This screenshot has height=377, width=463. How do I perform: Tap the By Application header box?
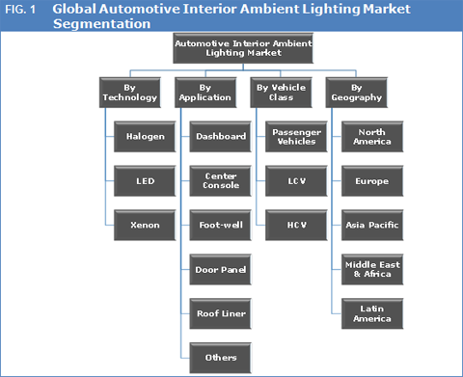tap(204, 92)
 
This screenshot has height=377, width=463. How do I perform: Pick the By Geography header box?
tap(357, 92)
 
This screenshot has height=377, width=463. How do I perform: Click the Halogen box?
tap(145, 136)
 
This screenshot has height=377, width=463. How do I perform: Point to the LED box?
tap(145, 180)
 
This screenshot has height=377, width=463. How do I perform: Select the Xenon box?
tap(145, 224)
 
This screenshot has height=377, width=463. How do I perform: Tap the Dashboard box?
tap(221, 136)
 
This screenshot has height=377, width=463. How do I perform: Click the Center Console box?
tap(221, 180)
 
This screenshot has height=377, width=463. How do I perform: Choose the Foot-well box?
tap(221, 224)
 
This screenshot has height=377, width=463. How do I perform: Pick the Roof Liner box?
tap(221, 312)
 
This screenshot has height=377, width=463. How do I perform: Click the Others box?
tap(221, 357)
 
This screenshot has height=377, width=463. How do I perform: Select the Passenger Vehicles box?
tap(297, 136)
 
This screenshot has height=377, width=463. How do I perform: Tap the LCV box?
tap(297, 180)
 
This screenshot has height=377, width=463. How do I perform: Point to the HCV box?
tap(297, 224)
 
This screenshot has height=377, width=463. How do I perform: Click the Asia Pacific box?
tap(372, 224)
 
